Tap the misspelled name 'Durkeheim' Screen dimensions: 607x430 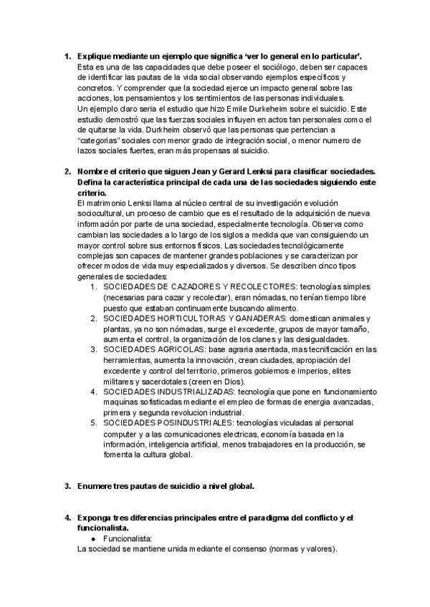(x=276, y=109)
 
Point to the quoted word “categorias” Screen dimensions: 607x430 (x=100, y=141)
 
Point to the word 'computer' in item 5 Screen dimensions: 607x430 (x=121, y=434)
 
